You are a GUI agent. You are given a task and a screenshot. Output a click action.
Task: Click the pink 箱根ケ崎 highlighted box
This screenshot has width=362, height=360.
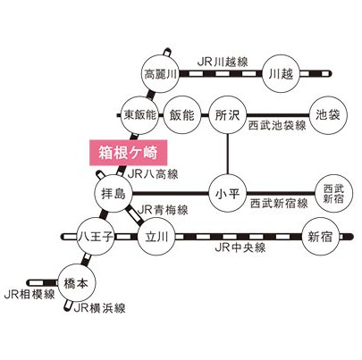coord(128,153)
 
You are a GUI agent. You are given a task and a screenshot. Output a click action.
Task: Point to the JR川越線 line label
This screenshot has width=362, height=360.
coord(223,63)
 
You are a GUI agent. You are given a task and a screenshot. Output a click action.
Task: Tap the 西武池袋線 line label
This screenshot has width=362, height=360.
coord(277,126)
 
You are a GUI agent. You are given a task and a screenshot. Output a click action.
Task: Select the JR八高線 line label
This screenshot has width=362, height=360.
coord(153,174)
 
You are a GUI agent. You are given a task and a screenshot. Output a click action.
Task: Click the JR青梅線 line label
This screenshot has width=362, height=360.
coord(163,210)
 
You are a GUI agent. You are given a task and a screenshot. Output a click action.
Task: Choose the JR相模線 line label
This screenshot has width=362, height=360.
coord(29,295)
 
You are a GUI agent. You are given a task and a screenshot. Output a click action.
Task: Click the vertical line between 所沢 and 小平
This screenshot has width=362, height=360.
coord(227,155)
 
